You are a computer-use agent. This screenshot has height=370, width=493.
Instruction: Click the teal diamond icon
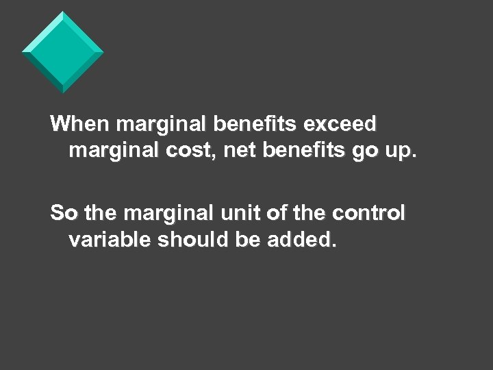[62, 52]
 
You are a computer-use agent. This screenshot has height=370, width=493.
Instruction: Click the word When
[81, 124]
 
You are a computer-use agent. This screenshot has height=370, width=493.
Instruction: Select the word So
[64, 213]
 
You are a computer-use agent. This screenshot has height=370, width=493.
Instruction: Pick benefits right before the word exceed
[255, 124]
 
